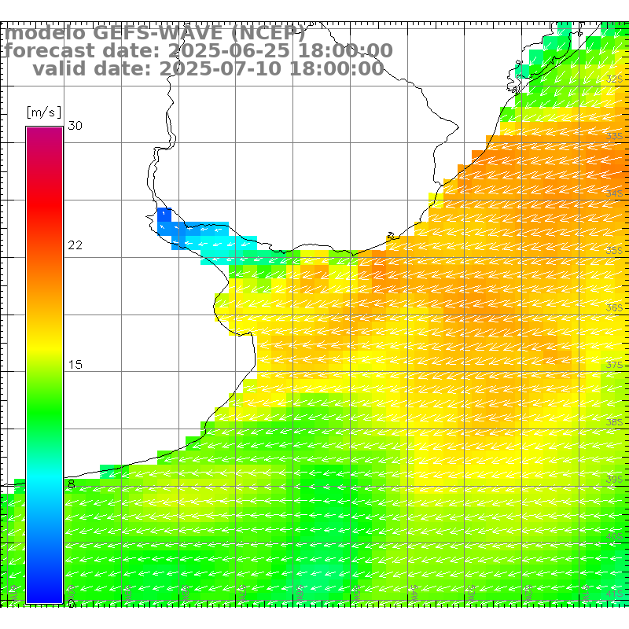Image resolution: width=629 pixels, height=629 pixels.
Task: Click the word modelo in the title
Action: (46, 33)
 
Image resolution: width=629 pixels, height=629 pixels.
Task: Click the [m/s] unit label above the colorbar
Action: (43, 112)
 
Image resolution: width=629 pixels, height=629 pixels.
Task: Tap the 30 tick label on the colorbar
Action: (75, 126)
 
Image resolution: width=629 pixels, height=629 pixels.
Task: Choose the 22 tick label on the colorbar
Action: (75, 245)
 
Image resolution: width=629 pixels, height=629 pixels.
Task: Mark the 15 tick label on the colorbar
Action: (75, 365)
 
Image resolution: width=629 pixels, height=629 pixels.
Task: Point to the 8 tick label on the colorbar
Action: (72, 484)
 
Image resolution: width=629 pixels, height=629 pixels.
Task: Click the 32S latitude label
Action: (615, 79)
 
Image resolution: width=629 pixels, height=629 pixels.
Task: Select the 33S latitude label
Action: (615, 137)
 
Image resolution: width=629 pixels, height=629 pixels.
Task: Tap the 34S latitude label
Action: (615, 193)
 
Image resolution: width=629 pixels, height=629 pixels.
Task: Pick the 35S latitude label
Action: (615, 251)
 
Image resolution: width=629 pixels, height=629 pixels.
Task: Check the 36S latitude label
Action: (615, 308)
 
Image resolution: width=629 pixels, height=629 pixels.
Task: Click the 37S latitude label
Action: (615, 366)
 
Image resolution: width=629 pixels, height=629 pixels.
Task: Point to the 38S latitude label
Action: (615, 422)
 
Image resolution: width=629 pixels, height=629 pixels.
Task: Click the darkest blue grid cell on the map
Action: (164, 215)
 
